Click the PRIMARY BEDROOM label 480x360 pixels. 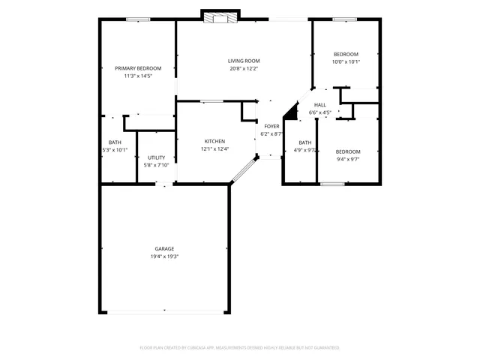click(x=138, y=68)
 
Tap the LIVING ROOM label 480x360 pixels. click(x=244, y=61)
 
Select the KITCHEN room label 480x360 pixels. click(x=215, y=141)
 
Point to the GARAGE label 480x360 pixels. click(x=164, y=248)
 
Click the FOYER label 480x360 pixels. click(x=271, y=127)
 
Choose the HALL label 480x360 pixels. click(x=320, y=105)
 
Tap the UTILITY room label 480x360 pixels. click(x=156, y=157)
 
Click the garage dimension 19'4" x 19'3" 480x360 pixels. click(x=164, y=256)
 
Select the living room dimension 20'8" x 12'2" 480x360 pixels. click(x=244, y=68)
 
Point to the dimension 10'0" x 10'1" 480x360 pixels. click(x=346, y=61)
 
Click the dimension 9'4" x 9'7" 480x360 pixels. click(x=348, y=159)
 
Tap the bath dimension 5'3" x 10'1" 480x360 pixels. click(x=115, y=149)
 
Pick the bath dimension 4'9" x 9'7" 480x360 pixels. click(x=305, y=149)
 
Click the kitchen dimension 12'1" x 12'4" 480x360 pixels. click(x=215, y=148)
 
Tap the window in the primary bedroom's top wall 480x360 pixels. click(x=138, y=19)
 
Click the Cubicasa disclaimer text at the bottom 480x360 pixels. click(x=240, y=348)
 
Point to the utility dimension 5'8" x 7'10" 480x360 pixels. click(x=156, y=165)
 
